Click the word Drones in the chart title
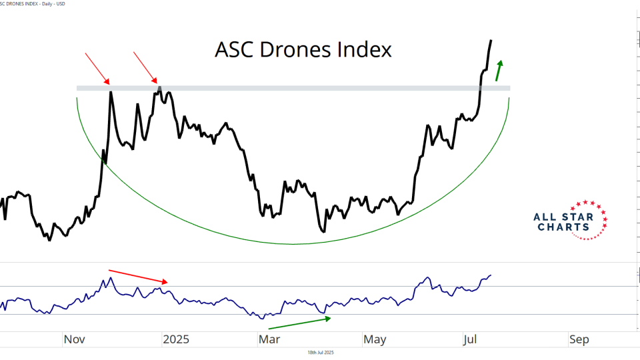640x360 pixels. click(305, 50)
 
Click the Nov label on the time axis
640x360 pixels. click(75, 339)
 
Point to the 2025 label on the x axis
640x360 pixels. click(176, 339)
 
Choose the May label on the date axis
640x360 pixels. click(375, 339)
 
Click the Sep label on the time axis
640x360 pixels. click(579, 339)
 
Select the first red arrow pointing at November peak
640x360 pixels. click(97, 69)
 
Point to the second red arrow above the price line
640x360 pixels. click(146, 68)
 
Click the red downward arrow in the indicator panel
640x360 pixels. click(139, 276)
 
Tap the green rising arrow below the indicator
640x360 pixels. click(299, 323)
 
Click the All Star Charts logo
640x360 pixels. click(571, 221)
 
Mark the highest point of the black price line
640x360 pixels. click(491, 41)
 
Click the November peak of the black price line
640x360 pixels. click(110, 92)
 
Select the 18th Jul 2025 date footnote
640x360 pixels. click(320, 352)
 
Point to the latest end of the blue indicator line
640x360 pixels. click(491, 275)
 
